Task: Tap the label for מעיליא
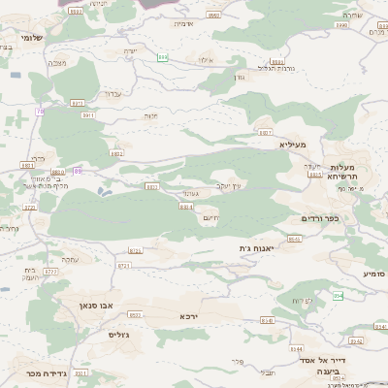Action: [x=291, y=144]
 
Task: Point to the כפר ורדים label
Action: [x=320, y=218]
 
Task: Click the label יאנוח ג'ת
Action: [x=258, y=248]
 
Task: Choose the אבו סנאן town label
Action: [x=97, y=305]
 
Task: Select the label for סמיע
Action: [x=373, y=275]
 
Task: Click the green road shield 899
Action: [x=163, y=58]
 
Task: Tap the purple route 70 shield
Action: [x=41, y=112]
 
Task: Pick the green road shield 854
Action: [x=338, y=295]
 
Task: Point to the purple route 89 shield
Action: [x=78, y=171]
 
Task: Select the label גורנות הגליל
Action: [x=275, y=68]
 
